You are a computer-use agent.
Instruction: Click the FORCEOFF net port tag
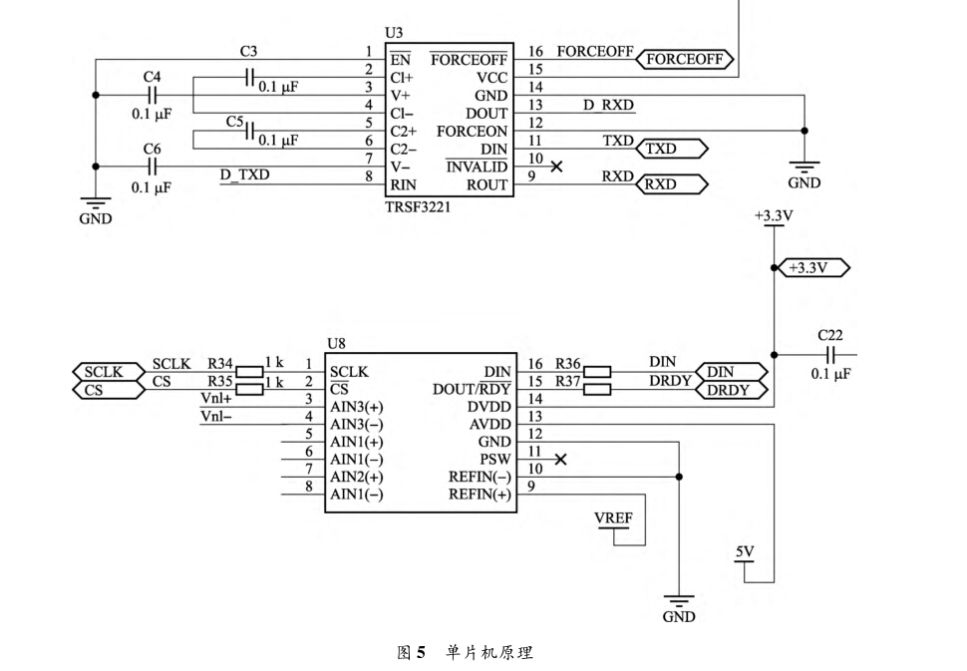pos(685,60)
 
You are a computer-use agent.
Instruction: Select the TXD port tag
pos(673,150)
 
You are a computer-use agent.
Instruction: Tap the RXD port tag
pos(673,184)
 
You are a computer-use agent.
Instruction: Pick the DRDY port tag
pos(733,390)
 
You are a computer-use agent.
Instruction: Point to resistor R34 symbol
pos(247,372)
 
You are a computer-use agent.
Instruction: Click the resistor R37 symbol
pos(596,390)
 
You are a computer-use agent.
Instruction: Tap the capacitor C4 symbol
pos(152,96)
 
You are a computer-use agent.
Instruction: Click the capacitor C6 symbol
pos(152,167)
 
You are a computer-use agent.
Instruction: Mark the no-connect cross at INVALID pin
pos(557,167)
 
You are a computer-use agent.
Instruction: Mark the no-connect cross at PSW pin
pos(560,459)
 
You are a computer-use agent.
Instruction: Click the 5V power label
pos(745,552)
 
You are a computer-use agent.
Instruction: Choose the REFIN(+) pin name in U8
pos(480,495)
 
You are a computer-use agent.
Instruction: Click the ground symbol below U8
pos(679,602)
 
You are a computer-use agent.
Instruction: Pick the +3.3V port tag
pos(809,267)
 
